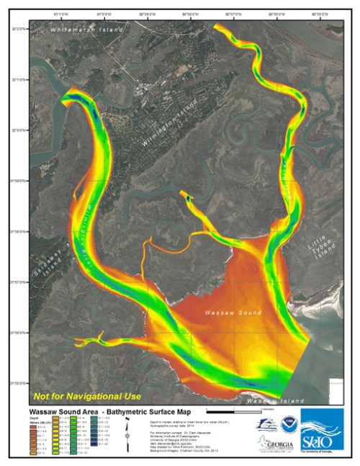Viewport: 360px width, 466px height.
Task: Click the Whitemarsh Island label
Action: [86, 30]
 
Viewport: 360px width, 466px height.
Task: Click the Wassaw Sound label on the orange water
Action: [227, 315]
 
